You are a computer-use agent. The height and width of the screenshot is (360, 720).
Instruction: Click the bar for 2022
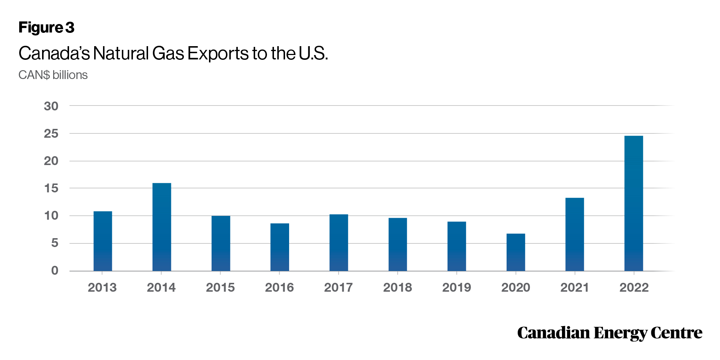[x=634, y=203]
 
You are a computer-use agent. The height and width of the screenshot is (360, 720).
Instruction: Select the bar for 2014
[x=162, y=227]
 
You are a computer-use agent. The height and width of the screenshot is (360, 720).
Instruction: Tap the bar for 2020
[x=516, y=253]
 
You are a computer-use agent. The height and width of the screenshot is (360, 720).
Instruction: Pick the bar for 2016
[x=280, y=247]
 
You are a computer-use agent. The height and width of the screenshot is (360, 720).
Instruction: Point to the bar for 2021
[x=575, y=234]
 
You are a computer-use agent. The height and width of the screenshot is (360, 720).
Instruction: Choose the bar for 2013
[x=103, y=241]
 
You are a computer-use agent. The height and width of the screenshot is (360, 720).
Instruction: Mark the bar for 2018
[x=398, y=244]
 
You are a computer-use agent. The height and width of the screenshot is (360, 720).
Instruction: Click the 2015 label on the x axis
[x=220, y=287]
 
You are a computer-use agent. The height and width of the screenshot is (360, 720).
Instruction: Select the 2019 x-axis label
[x=457, y=287]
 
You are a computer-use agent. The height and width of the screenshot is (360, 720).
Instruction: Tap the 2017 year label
[x=338, y=287]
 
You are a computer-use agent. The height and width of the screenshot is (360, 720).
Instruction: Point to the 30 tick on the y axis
[x=51, y=106]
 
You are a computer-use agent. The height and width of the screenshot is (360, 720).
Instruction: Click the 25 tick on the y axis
[x=51, y=134]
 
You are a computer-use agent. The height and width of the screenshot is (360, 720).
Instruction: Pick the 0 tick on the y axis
[x=55, y=271]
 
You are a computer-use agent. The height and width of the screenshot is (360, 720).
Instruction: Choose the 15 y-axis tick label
[x=51, y=188]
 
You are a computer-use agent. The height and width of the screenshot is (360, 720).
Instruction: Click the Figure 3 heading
[x=47, y=28]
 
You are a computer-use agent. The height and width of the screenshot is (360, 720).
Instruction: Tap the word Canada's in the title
[x=54, y=53]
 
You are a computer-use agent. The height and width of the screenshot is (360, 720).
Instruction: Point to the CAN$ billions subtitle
[x=53, y=75]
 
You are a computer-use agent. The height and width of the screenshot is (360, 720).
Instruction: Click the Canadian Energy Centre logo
[x=610, y=333]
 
